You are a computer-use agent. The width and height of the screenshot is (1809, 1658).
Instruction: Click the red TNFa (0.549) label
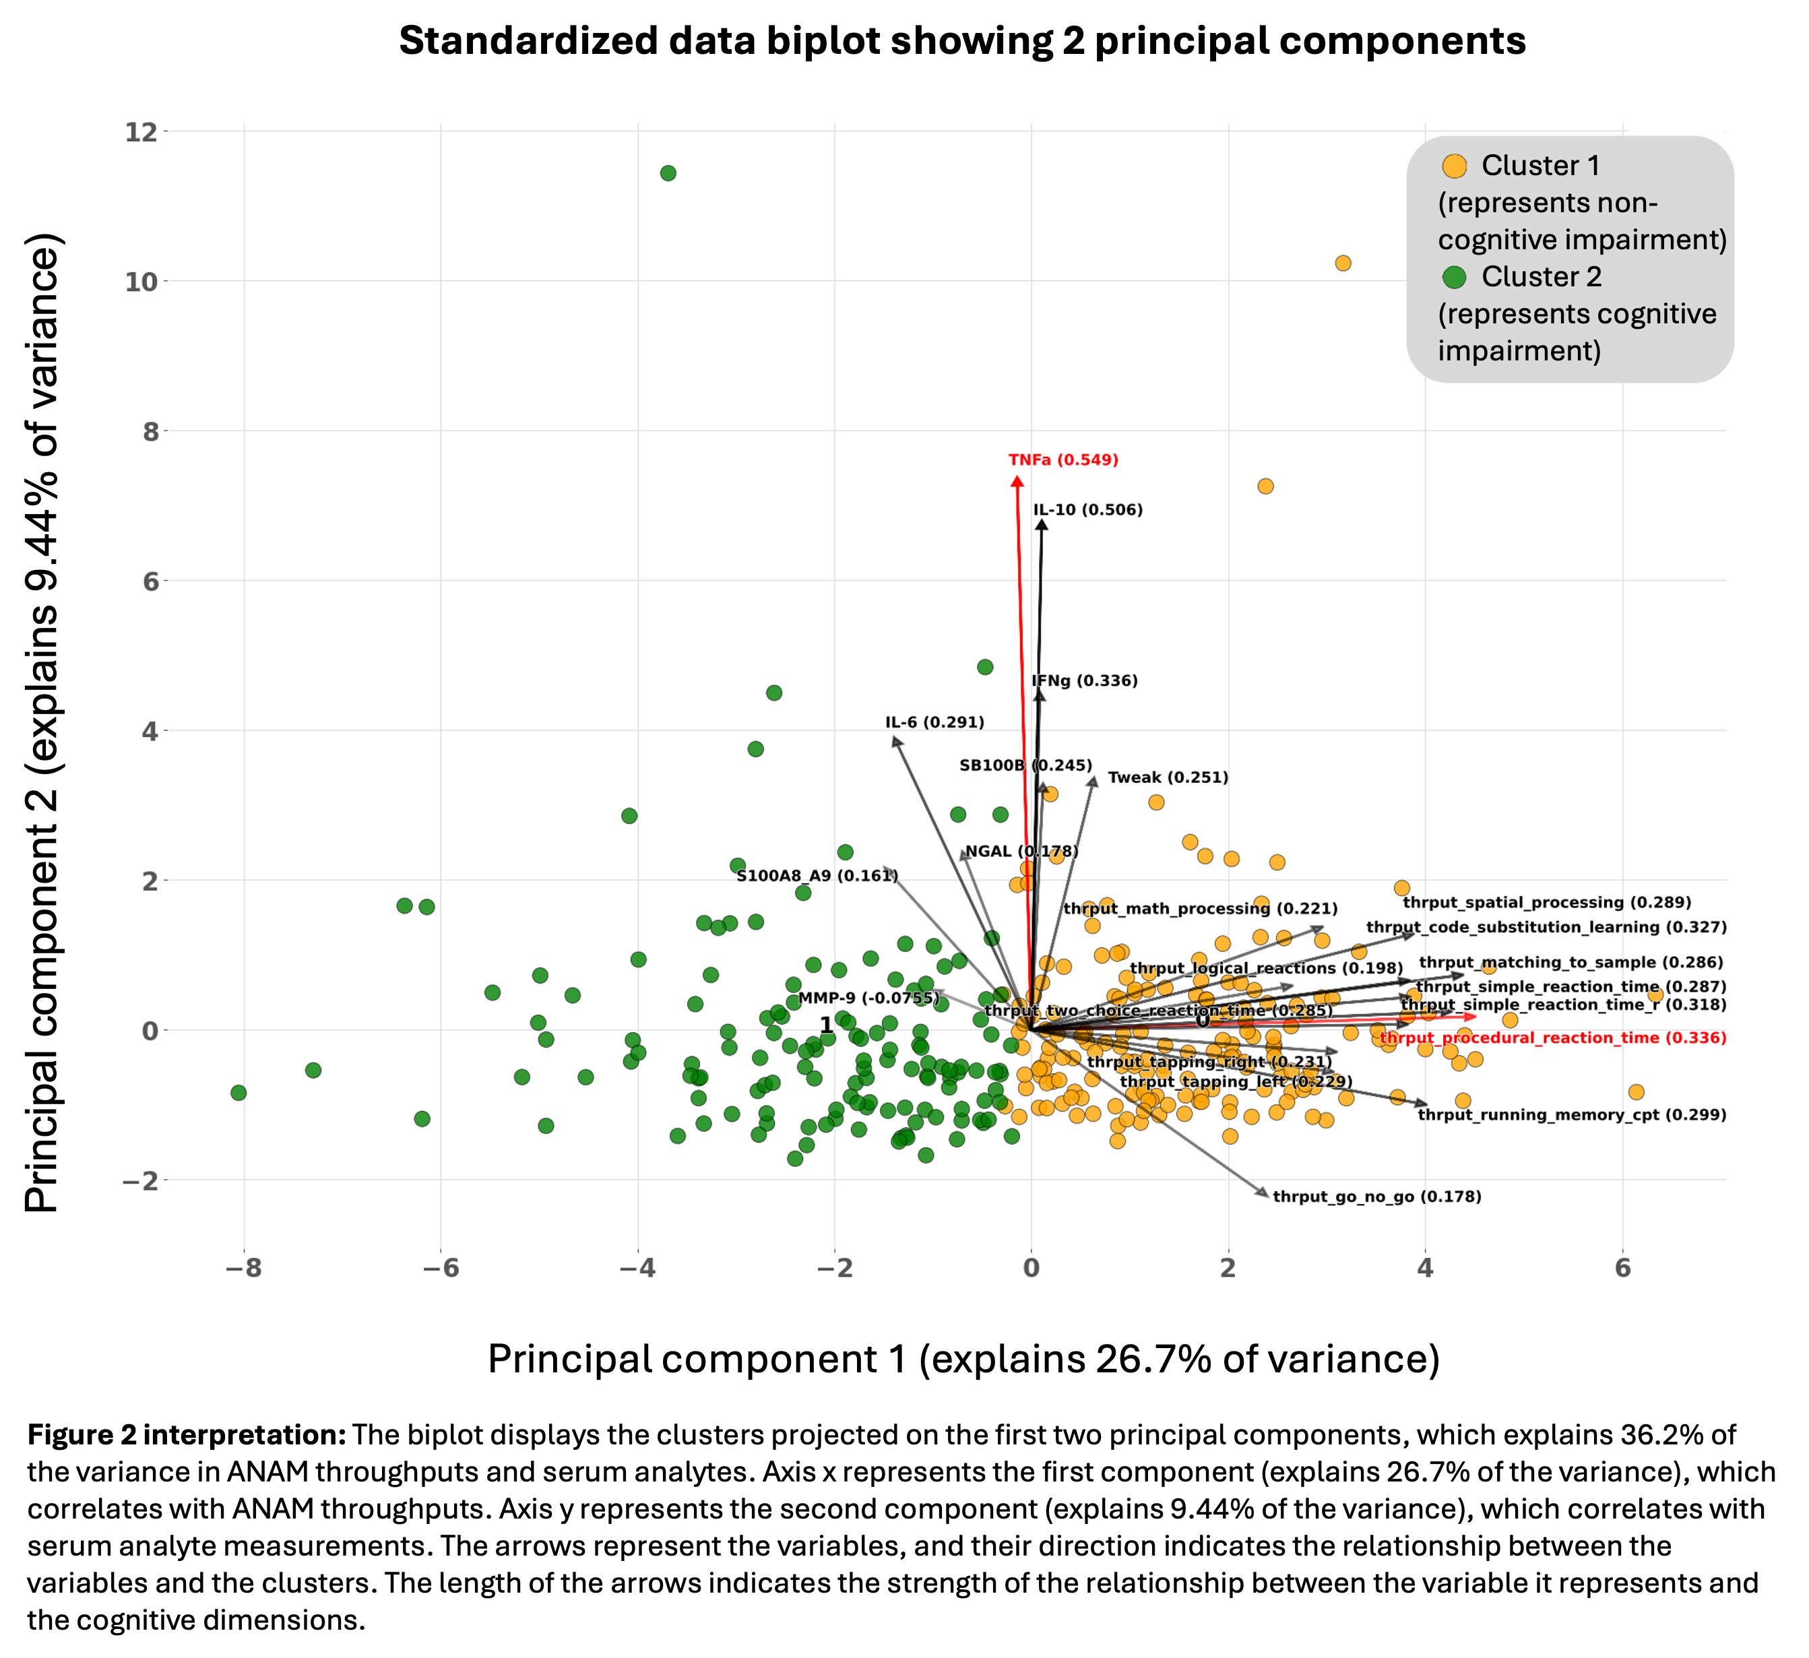click(1063, 460)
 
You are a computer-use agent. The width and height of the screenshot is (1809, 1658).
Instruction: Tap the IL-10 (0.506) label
click(1087, 511)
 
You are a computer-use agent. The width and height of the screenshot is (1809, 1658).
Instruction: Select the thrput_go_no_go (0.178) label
click(1376, 1197)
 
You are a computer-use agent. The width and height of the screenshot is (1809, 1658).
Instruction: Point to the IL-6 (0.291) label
click(934, 722)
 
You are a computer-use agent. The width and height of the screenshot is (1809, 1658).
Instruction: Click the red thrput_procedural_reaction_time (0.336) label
click(1552, 1038)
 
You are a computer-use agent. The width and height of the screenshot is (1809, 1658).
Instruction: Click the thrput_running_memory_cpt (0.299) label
click(1571, 1115)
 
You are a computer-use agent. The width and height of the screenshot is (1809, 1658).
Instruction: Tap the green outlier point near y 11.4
click(668, 173)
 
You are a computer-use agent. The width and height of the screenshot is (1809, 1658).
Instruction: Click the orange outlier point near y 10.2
click(1342, 263)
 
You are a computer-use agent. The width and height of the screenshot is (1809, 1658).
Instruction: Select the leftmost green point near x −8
click(238, 1093)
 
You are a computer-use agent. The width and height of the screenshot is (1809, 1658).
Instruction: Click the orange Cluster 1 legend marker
click(1454, 166)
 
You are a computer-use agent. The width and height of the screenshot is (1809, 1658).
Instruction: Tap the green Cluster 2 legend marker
click(1454, 277)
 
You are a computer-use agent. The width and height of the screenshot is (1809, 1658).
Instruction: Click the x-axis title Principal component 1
click(963, 1360)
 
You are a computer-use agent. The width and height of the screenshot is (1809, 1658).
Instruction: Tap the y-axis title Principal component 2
click(43, 722)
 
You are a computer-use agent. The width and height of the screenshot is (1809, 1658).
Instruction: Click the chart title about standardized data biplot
click(962, 41)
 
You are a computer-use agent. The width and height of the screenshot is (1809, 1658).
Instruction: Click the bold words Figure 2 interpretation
click(187, 1434)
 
